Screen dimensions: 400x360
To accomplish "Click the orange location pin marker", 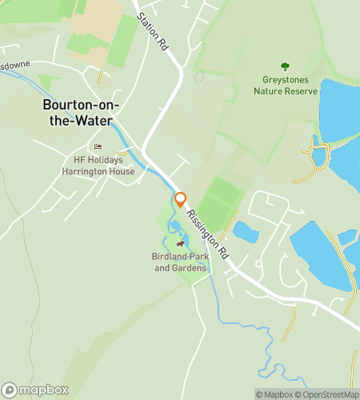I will point(181,200).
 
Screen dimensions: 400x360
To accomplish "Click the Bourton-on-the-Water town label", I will point(78,113).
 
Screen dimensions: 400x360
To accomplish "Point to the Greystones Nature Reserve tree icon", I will point(284,66).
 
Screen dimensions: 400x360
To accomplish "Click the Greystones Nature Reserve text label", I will point(284,85).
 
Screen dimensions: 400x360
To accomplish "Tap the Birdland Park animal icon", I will point(181,244).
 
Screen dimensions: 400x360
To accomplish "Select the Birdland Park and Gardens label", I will point(180,262).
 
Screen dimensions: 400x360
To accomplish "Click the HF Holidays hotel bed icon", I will point(98,146).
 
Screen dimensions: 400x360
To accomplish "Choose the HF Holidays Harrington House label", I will point(98,165).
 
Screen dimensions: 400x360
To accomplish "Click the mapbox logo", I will point(34,390).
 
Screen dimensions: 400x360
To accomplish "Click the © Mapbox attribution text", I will point(274,394).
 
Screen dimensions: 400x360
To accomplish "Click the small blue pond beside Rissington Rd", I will point(245,232).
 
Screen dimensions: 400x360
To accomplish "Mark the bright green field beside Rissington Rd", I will point(218,200).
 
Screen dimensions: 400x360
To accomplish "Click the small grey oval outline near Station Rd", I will point(198,77).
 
